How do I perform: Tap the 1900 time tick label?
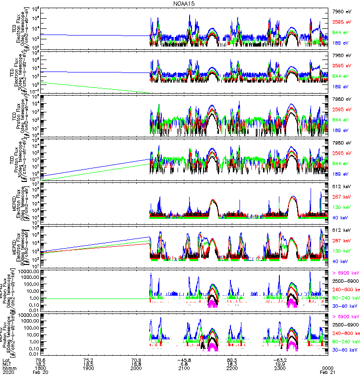88,367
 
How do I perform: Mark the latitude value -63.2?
280,359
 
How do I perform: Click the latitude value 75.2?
88,359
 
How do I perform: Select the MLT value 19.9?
280,363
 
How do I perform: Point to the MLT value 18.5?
88,363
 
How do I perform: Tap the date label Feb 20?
40,372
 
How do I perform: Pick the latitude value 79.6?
40,359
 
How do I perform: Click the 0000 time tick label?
328,367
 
